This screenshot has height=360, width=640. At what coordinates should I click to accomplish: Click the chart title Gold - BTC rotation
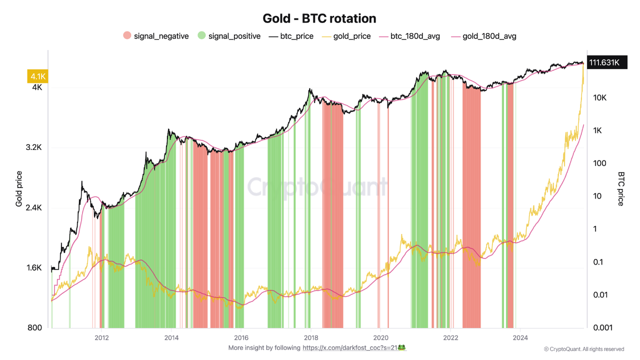pos(319,18)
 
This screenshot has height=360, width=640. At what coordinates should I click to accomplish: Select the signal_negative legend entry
pos(156,36)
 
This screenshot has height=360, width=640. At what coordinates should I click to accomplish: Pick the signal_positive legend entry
pos(229,36)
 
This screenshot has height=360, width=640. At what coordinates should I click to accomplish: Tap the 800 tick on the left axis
pos(35,328)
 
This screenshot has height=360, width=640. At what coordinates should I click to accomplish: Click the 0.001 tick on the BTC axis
pos(603,328)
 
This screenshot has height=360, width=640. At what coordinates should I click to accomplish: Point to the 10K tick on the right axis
pos(600,98)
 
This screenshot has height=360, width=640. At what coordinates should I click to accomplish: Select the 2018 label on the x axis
pos(311,337)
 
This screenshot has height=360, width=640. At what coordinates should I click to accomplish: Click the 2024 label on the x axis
pos(520,337)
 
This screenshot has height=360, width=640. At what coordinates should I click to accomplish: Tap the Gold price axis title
pos(19,188)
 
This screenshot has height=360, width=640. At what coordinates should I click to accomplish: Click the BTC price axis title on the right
pos(621,188)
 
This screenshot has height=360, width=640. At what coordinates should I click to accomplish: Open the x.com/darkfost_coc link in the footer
pos(354,347)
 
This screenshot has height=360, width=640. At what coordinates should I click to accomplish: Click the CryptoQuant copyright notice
pos(584,349)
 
